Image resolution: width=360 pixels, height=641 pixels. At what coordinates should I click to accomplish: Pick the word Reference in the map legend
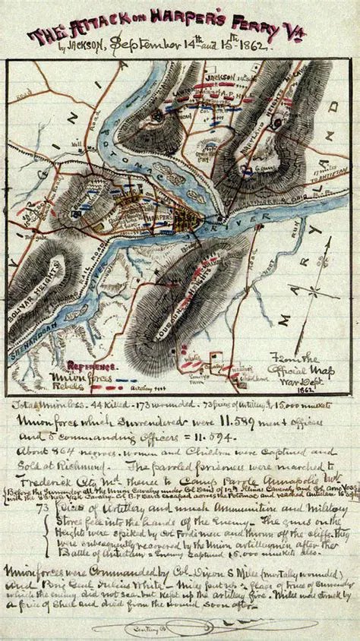pos(90,365)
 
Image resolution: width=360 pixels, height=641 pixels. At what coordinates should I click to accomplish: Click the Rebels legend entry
pos(67,386)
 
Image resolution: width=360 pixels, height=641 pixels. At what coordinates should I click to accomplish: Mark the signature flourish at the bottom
pos(205,627)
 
